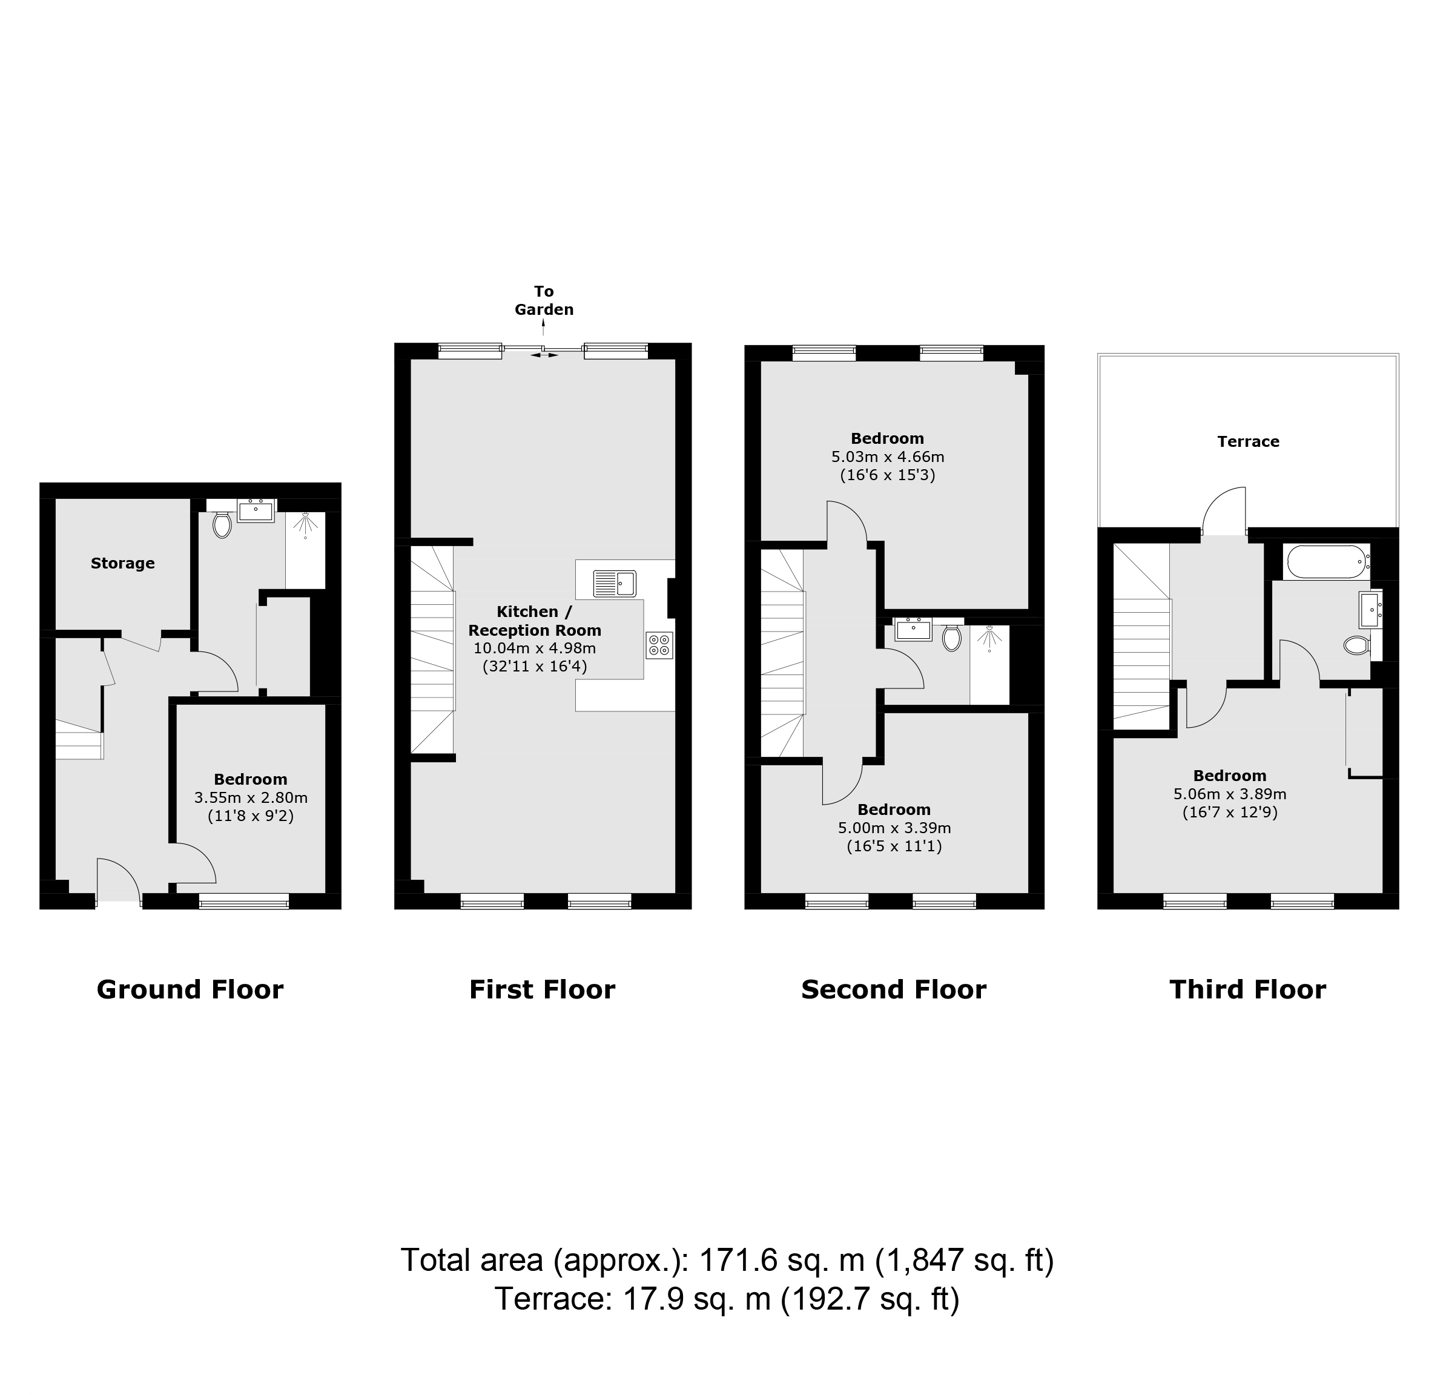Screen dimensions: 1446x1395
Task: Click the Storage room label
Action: point(122,564)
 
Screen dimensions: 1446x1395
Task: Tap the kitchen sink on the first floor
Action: point(615,584)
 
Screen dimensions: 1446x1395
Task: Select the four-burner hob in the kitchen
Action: point(659,645)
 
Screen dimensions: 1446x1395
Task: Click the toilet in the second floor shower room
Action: point(952,638)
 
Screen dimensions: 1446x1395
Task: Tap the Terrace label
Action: point(1248,442)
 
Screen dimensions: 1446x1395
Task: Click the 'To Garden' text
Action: point(544,300)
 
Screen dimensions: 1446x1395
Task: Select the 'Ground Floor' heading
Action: point(190,990)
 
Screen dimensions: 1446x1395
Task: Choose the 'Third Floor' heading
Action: point(1247,990)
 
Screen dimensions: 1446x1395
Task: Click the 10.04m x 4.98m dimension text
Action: point(535,648)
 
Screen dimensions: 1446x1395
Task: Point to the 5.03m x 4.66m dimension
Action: point(888,457)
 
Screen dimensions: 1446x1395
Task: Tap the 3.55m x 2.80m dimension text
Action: point(251,797)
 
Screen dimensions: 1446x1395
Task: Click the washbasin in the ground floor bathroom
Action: point(256,510)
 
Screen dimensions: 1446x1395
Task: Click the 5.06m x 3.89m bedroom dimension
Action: point(1230,794)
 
